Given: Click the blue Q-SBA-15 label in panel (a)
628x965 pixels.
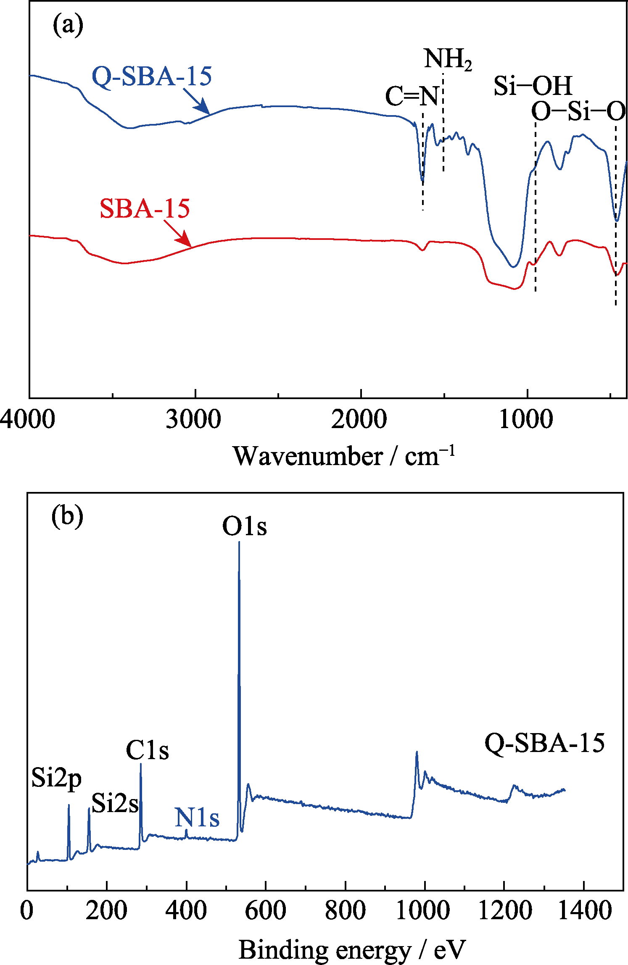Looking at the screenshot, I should click(152, 76).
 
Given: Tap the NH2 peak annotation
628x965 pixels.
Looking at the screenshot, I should click(448, 59).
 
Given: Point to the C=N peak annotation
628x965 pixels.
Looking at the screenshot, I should click(412, 96).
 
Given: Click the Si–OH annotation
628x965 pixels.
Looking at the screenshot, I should click(533, 86).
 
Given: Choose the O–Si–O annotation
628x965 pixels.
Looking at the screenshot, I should click(578, 112).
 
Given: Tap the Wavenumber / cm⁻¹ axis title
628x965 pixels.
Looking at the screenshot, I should click(344, 456).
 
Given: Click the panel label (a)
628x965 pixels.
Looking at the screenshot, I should click(68, 26).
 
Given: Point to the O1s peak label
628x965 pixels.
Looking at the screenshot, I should click(244, 526).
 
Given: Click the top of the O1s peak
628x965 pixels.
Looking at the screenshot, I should click(239, 543).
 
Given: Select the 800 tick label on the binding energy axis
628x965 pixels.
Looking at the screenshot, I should click(345, 911).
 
